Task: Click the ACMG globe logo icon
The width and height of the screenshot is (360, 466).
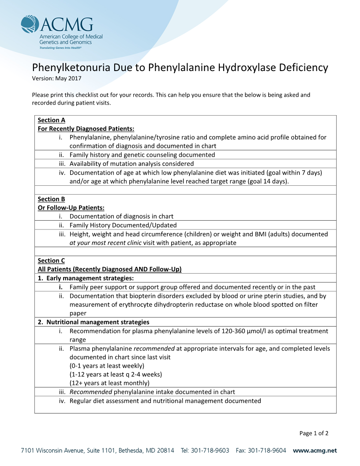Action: tap(30, 24)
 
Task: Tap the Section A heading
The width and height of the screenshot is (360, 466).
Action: tap(51, 120)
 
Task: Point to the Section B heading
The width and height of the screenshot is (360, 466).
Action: tap(51, 199)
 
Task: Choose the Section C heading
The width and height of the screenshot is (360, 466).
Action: tap(51, 260)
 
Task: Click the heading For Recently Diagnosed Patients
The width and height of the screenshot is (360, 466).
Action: tap(86, 129)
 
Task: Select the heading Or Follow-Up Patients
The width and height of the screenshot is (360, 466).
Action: tap(71, 208)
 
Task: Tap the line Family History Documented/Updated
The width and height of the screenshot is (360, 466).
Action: tap(123, 225)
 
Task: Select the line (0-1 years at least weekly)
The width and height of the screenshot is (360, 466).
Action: tap(107, 366)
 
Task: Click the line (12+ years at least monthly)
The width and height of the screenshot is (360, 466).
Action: tap(109, 383)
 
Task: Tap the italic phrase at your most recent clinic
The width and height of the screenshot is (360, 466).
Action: tap(105, 243)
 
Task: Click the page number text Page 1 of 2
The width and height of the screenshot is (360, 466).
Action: tap(314, 433)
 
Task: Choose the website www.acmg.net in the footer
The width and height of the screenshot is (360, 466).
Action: tap(315, 451)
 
